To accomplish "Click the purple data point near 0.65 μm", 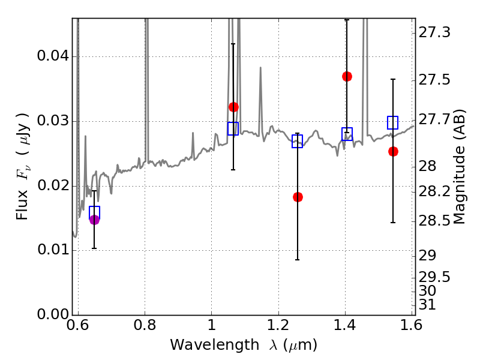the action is tap(94, 220).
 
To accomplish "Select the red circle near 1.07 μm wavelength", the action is tap(233, 107).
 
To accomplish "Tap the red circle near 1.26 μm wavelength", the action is tap(298, 197).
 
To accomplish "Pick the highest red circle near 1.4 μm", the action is tap(347, 76).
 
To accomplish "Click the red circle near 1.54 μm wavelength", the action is tap(393, 151).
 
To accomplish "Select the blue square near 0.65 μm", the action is tap(94, 212).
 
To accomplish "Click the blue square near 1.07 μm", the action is tap(233, 128).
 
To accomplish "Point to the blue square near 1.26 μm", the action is tap(297, 141).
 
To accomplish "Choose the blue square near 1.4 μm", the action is tap(347, 134).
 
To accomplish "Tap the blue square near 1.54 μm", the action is tap(392, 122).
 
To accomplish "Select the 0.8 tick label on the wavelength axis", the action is tap(145, 325).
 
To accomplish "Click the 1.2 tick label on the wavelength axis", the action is tap(278, 325).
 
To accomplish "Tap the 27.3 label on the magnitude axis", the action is tap(434, 32).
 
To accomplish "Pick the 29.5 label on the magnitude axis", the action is tap(434, 277).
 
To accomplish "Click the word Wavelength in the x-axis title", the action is tap(215, 345).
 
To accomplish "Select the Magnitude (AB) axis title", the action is tap(458, 167).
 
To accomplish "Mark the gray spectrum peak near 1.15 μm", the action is tap(260, 68).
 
